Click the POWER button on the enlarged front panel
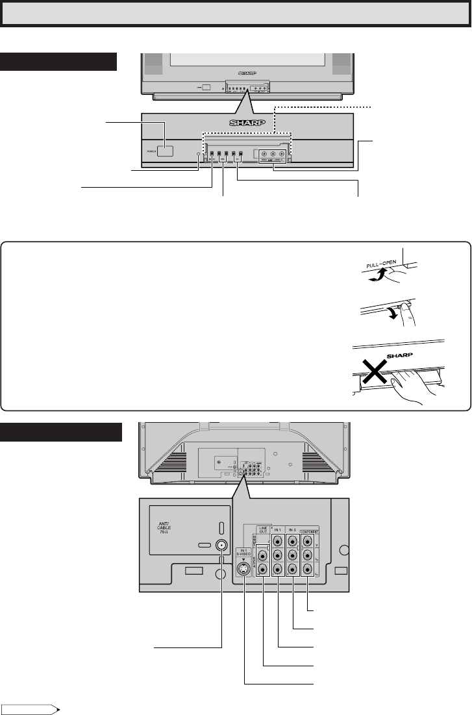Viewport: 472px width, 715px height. [x=165, y=151]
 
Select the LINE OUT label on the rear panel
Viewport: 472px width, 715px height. [x=264, y=531]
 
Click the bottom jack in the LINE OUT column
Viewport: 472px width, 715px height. [x=264, y=570]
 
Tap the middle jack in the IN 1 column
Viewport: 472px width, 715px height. [x=278, y=555]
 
